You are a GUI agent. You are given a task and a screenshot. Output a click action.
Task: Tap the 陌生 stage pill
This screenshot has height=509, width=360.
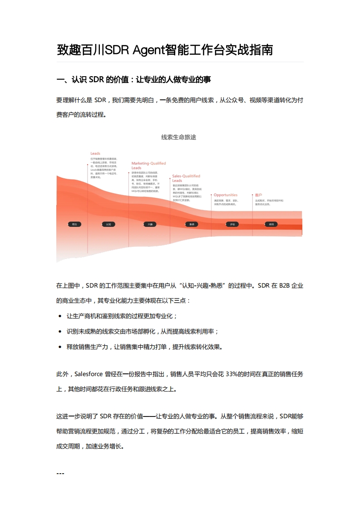click(x=74, y=224)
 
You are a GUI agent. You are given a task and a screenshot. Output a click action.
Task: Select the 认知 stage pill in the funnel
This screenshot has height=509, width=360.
click(x=108, y=224)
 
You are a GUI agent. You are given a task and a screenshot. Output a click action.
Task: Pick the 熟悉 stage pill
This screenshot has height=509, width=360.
click(x=192, y=224)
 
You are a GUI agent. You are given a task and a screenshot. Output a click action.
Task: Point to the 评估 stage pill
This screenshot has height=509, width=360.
click(x=232, y=224)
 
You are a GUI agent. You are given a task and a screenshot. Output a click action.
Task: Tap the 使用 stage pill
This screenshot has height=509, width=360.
click(x=271, y=224)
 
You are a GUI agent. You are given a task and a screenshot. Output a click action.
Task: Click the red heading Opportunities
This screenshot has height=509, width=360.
click(x=226, y=195)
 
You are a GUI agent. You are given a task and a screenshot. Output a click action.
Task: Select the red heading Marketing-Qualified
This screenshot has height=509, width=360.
click(x=148, y=163)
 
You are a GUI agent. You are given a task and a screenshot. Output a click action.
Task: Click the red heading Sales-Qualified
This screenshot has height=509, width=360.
click(x=186, y=176)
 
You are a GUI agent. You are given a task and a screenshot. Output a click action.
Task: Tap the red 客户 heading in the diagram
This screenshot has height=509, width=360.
click(x=258, y=195)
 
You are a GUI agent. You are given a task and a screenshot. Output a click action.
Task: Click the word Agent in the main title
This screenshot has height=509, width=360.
click(x=149, y=50)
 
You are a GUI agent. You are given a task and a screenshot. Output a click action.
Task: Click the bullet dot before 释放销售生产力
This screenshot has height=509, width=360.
click(x=60, y=347)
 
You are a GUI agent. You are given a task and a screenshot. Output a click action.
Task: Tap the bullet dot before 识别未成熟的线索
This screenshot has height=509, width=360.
click(x=60, y=332)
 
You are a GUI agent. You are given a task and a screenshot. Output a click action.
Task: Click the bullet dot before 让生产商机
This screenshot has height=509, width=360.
click(x=60, y=316)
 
